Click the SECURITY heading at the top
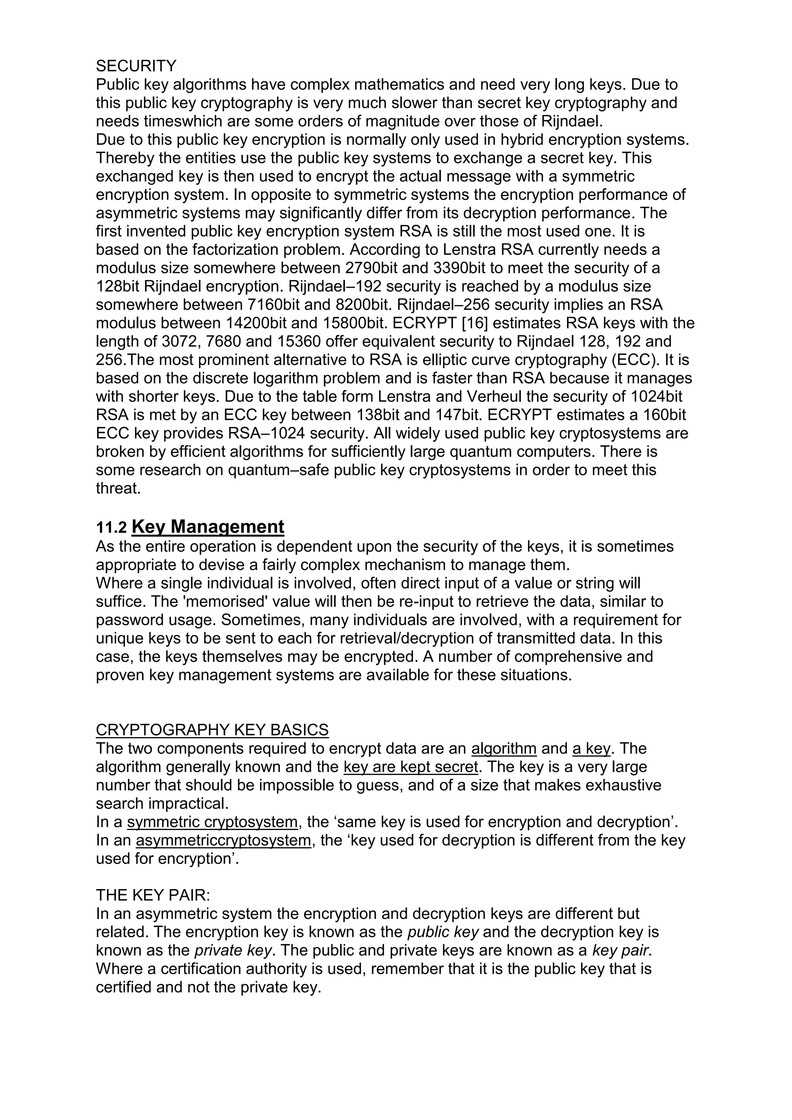click(136, 66)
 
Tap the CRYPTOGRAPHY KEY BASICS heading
click(212, 730)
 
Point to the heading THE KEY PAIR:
click(153, 896)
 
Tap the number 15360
click(304, 341)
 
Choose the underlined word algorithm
click(504, 749)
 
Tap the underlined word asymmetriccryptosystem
click(224, 840)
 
